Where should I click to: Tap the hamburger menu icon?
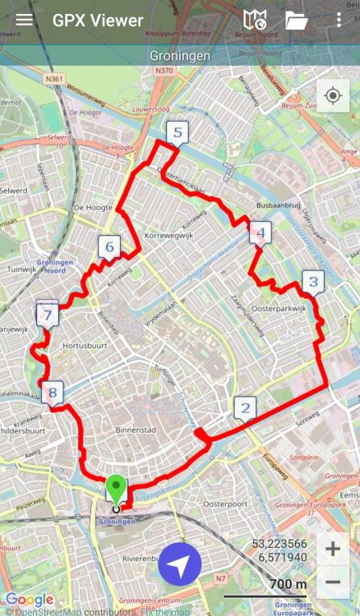[x=25, y=21]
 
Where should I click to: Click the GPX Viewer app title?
[x=98, y=21]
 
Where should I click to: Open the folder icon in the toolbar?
[x=296, y=21]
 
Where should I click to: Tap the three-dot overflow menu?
[x=339, y=21]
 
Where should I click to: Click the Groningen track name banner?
[x=180, y=56]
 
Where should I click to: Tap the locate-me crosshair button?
[x=333, y=96]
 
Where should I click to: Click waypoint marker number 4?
[x=261, y=233]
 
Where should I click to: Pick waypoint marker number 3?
[x=312, y=283]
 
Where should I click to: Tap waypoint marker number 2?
[x=244, y=407]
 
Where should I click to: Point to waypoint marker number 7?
[x=48, y=314]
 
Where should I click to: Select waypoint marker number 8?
[x=53, y=393]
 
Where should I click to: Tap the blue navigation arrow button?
[x=180, y=564]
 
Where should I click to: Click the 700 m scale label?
[x=288, y=584]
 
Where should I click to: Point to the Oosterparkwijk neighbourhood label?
[x=279, y=308]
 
